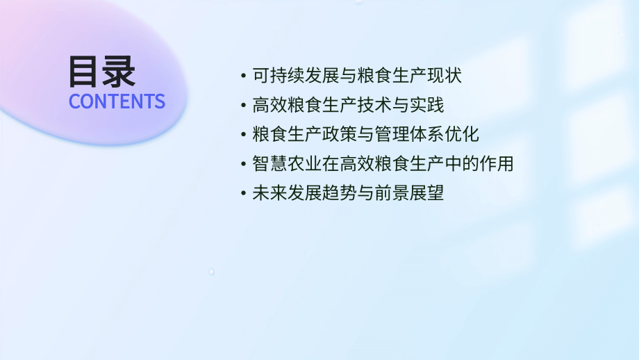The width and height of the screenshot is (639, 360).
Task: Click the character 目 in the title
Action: click(x=85, y=72)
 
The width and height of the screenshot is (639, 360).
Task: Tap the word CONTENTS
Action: click(x=117, y=101)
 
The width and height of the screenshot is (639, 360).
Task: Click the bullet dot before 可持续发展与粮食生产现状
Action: click(x=242, y=76)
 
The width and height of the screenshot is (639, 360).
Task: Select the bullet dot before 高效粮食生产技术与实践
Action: click(x=242, y=106)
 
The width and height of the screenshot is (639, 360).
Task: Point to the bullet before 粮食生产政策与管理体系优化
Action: click(x=242, y=135)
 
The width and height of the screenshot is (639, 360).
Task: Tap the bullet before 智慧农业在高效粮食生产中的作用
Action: click(x=242, y=165)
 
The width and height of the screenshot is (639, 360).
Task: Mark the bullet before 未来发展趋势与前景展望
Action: click(x=242, y=194)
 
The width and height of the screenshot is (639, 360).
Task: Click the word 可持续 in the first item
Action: click(x=279, y=75)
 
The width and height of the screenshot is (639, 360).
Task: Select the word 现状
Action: click(x=445, y=75)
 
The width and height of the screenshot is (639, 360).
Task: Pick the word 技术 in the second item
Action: click(x=375, y=105)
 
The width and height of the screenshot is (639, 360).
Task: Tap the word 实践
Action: click(x=427, y=105)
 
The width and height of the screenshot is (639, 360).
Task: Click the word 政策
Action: click(x=340, y=134)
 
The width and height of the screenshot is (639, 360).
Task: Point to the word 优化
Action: click(x=462, y=134)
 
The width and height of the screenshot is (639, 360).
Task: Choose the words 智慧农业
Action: click(x=287, y=164)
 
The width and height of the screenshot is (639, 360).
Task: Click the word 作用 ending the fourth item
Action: click(x=497, y=164)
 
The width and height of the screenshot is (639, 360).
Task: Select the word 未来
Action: click(x=269, y=193)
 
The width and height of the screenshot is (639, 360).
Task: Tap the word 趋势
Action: click(x=340, y=193)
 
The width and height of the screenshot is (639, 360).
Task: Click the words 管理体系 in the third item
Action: click(x=410, y=134)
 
